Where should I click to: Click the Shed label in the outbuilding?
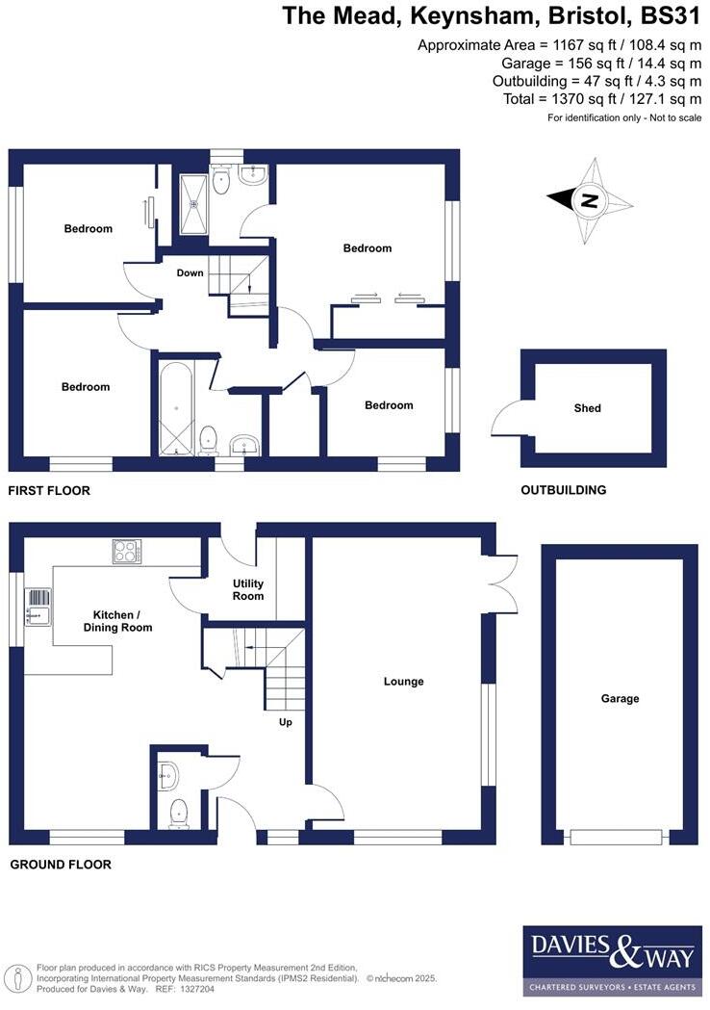587,408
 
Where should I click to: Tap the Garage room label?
620,699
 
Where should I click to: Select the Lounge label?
404,682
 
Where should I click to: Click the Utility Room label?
248,590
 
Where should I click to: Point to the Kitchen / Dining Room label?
122,621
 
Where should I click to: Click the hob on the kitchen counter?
125,551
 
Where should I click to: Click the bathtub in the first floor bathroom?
177,408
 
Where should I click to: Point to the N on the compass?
588,201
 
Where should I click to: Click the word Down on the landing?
190,272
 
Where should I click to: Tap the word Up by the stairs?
285,721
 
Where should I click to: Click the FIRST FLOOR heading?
49,491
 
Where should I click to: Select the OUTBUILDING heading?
564,490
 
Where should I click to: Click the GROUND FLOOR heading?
61,865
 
